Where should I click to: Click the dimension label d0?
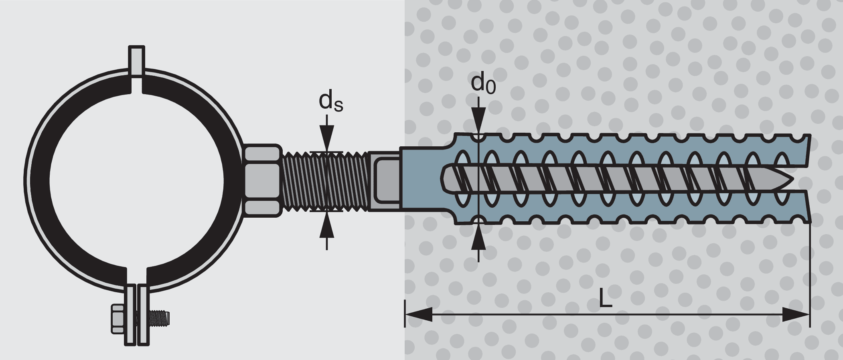coord(482,83)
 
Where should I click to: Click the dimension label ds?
coord(330,102)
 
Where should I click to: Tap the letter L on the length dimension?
coord(606,297)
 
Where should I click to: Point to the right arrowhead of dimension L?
coord(796,314)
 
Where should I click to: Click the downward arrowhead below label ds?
coord(327,138)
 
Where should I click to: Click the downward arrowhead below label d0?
coord(478,120)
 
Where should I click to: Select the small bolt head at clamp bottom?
coord(118,319)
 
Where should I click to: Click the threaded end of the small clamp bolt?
coord(160,319)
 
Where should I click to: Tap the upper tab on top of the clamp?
coord(136,60)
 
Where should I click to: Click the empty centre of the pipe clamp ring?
coord(136,180)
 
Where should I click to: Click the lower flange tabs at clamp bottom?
coord(137,315)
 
